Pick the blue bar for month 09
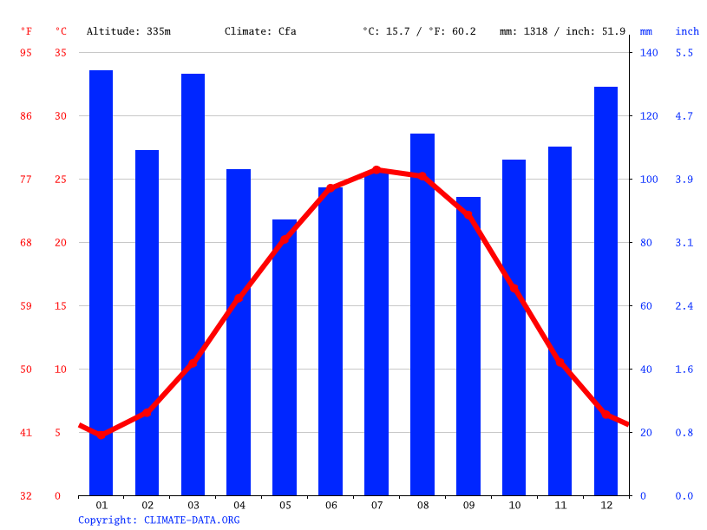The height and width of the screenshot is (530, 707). [468, 346]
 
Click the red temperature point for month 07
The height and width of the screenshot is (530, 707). [376, 170]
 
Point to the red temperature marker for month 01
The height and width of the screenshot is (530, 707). [101, 435]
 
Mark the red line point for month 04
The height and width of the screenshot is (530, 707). [239, 298]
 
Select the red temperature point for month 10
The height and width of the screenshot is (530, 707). [514, 288]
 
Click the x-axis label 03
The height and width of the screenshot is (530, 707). [193, 505]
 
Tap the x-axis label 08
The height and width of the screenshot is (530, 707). [422, 505]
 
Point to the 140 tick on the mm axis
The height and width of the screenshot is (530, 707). [649, 53]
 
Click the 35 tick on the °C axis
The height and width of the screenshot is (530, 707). [60, 53]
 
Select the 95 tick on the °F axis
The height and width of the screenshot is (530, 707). [26, 53]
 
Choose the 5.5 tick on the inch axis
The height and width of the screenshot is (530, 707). [684, 53]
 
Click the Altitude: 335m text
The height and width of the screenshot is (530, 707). [128, 31]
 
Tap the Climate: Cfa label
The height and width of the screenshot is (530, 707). [260, 31]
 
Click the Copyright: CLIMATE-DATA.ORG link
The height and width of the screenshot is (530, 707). [159, 520]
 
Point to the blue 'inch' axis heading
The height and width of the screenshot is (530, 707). [687, 31]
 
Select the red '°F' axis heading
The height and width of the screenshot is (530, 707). [26, 31]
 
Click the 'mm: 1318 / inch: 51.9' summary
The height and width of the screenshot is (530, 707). [562, 31]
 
